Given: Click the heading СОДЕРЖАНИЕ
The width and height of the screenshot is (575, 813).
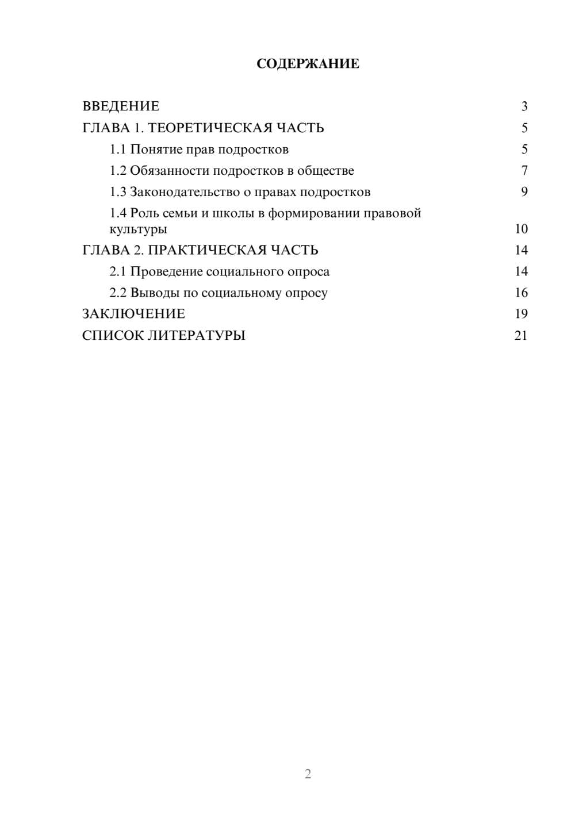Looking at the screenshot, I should (308, 64).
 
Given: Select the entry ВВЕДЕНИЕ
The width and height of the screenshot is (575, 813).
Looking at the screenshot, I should (121, 106).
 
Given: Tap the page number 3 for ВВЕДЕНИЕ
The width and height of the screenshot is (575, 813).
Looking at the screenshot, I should (524, 106).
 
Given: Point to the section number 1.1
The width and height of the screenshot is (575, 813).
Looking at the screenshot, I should (118, 149).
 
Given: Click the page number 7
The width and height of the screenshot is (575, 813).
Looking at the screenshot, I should (524, 171).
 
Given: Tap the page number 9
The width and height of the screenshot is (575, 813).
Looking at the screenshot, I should (524, 192).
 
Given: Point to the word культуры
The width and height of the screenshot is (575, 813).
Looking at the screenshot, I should (138, 229).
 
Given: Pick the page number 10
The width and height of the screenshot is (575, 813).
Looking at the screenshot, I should (521, 229).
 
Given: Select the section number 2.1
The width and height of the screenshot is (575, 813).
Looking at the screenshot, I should (118, 271).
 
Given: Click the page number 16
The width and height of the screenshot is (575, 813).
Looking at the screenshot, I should (521, 293).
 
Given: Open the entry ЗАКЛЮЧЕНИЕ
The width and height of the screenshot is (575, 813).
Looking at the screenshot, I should (133, 314).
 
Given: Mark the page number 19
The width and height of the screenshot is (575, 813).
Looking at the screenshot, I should (521, 314).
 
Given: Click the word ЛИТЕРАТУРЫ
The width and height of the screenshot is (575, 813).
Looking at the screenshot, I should (197, 335).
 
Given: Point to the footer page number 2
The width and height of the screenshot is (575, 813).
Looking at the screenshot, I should (308, 774).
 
